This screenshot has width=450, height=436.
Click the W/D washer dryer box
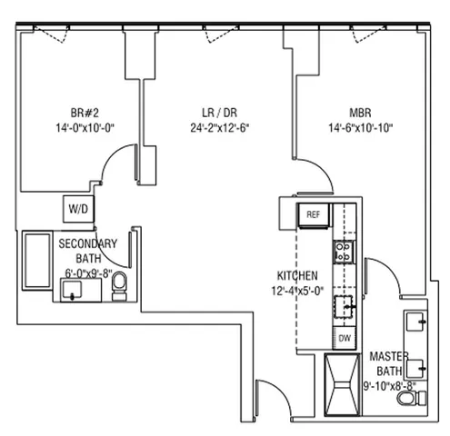[x=75, y=209]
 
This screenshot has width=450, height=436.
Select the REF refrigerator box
[x=314, y=214]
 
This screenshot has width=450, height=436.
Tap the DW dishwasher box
[x=345, y=339]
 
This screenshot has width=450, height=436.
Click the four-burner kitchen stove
[x=345, y=251]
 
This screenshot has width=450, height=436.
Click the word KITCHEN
[x=297, y=275]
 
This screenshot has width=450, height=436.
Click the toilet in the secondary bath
[x=119, y=290]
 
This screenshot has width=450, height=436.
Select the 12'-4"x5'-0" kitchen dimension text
[x=297, y=290]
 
